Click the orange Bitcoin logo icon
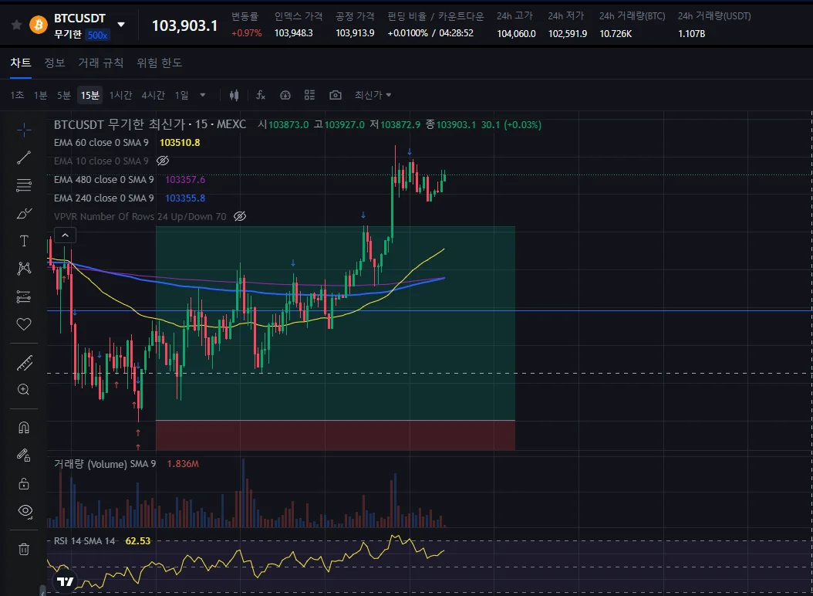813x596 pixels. coord(38,25)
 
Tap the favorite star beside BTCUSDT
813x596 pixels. coord(15,25)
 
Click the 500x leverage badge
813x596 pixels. coord(97,35)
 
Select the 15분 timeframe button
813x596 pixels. coord(90,95)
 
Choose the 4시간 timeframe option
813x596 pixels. coord(153,95)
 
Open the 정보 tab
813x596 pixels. coord(55,63)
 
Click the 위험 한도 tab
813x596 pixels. coord(159,63)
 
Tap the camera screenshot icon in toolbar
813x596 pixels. coord(335,95)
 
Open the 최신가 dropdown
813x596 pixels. coord(373,95)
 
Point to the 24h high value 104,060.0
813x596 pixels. coord(516,33)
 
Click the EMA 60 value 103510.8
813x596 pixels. coord(180,143)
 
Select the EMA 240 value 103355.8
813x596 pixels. coord(185,198)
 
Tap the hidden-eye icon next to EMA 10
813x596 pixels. coord(163,161)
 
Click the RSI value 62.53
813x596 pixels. coord(138,541)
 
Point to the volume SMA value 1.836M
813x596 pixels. coord(183,464)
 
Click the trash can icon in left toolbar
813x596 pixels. coord(24,549)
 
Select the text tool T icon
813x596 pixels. coord(24,241)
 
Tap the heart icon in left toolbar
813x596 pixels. coord(24,324)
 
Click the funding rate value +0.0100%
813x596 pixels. coord(407,33)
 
